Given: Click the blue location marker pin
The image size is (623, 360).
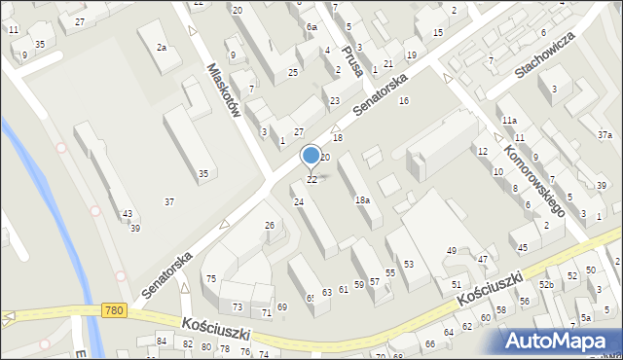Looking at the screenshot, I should (x=311, y=156).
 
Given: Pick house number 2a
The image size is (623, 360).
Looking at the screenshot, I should (x=163, y=47).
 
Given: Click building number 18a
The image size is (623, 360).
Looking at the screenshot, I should (x=362, y=199).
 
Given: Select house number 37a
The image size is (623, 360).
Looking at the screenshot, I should (x=605, y=135).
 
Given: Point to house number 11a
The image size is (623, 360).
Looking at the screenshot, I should (x=509, y=120).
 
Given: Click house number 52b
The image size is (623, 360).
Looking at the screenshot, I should (x=547, y=284).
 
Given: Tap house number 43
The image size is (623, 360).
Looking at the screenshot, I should (x=128, y=214).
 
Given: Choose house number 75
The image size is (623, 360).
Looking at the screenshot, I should (x=210, y=279).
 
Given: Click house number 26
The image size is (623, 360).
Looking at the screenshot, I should (x=271, y=226).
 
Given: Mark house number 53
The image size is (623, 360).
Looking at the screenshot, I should (x=409, y=264).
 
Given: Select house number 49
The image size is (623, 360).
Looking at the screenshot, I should (x=452, y=251).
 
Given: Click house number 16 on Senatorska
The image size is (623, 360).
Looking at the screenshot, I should (x=404, y=101).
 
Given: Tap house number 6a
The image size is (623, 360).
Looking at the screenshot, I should (x=311, y=27).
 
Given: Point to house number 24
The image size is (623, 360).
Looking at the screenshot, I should (x=299, y=201).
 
